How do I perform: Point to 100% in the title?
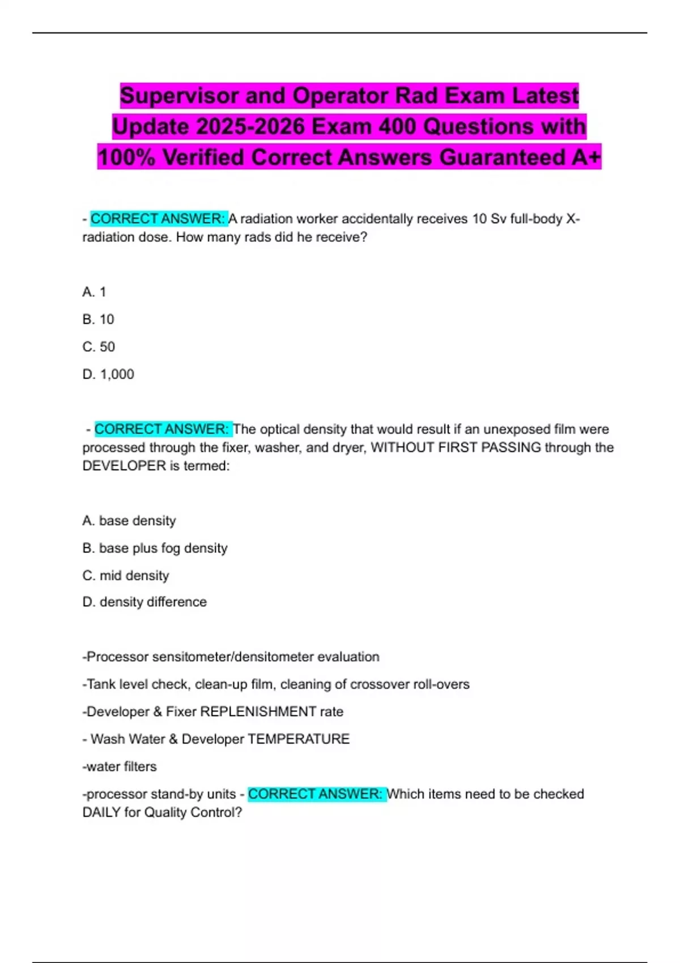click(126, 157)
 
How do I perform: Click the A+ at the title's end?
click(585, 157)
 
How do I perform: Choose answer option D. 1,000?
click(108, 374)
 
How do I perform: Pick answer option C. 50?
click(99, 347)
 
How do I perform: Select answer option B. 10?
click(98, 319)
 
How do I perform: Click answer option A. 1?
click(94, 292)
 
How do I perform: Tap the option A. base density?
click(129, 521)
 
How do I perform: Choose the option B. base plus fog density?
click(155, 548)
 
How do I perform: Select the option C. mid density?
click(126, 576)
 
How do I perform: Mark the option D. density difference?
click(144, 602)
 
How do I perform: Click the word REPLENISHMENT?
click(258, 712)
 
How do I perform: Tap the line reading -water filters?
click(120, 767)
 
